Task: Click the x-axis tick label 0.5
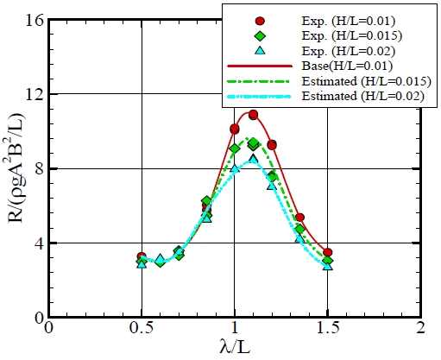(141, 330)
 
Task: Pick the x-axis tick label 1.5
(327, 330)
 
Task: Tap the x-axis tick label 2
(420, 330)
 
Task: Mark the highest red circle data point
(253, 114)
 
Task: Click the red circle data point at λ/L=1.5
(327, 253)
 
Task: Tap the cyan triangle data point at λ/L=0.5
(142, 262)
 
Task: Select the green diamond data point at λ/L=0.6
(160, 261)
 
